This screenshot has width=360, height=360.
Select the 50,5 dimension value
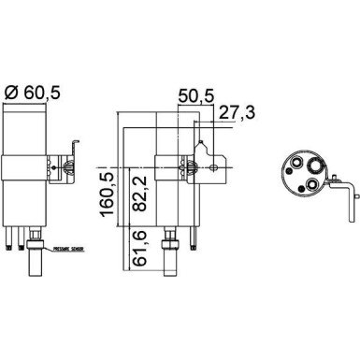tap(197, 95)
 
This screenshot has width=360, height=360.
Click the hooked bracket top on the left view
tap(76, 141)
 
